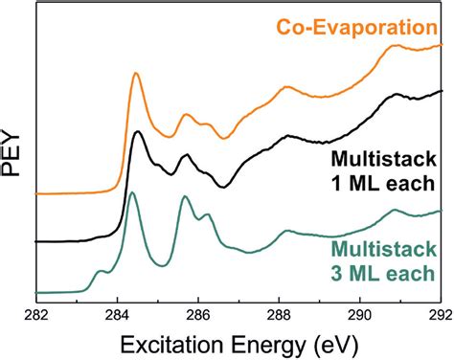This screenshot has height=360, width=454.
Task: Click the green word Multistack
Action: coord(383,250)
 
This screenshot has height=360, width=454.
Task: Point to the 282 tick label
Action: coord(36,312)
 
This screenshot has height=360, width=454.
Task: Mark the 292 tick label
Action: coord(434,312)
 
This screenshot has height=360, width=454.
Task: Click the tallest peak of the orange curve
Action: coord(136,74)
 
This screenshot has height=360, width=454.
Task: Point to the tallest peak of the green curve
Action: coord(132,193)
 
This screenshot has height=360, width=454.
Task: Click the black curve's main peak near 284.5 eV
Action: coord(138,132)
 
